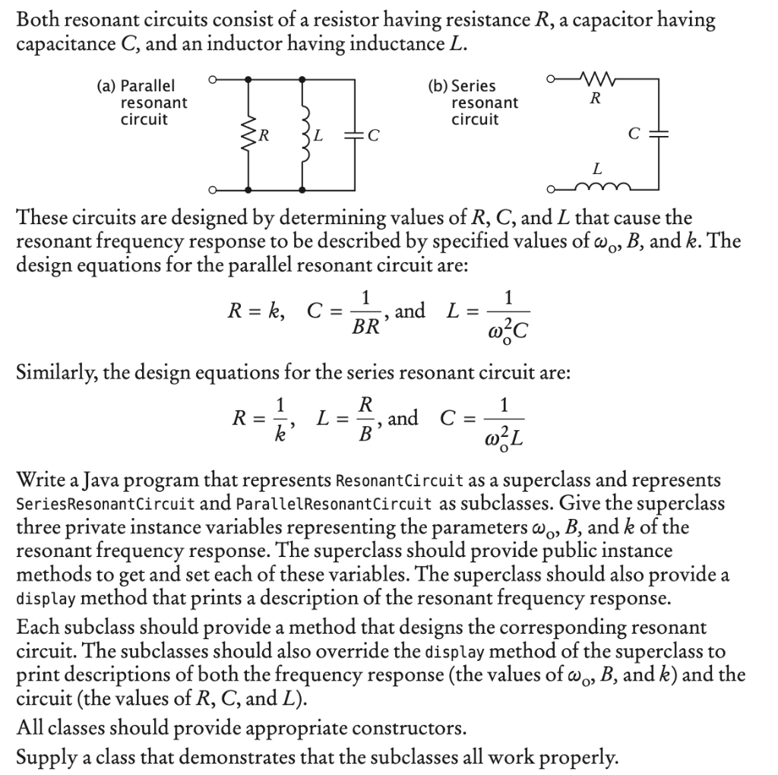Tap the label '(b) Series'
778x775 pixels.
pyautogui.click(x=462, y=86)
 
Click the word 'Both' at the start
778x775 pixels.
pyautogui.click(x=38, y=21)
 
